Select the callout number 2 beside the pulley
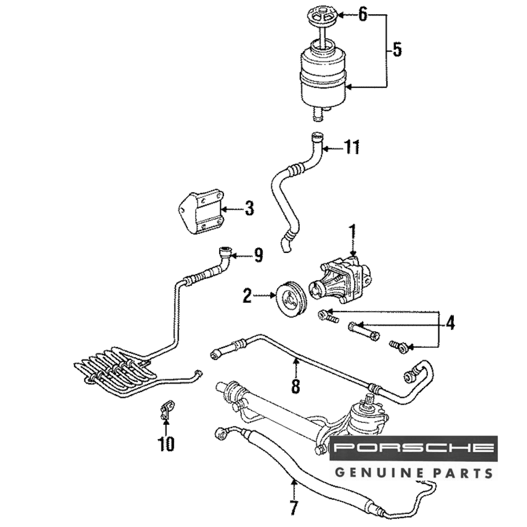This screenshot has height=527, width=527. [x=247, y=296]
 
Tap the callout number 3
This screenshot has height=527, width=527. [x=249, y=208]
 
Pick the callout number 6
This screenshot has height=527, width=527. [x=363, y=15]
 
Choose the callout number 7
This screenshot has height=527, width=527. [x=294, y=510]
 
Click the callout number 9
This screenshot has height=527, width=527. [x=258, y=256]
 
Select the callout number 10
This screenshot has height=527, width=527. [x=166, y=444]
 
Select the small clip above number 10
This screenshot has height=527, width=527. [x=165, y=411]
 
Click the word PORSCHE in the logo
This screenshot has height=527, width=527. [x=414, y=448]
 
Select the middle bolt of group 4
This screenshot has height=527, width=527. [x=364, y=331]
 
